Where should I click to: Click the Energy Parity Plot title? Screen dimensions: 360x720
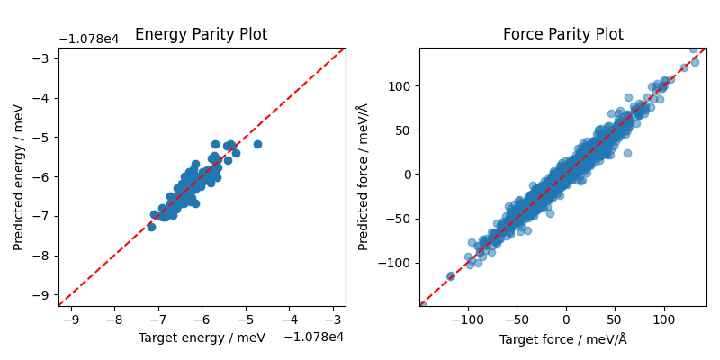[x=201, y=35]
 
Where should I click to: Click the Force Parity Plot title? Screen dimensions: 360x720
[x=562, y=35]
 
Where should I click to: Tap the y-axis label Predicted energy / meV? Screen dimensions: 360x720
[x=18, y=177]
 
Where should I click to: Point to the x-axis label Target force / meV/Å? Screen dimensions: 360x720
[x=562, y=339]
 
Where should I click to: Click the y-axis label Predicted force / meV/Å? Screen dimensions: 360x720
[x=363, y=177]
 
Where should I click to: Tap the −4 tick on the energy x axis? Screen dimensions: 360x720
[x=289, y=319]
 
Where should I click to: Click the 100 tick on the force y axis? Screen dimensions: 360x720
[x=396, y=86]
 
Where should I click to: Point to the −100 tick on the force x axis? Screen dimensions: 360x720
[x=467, y=319]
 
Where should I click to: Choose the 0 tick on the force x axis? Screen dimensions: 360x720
[x=565, y=319]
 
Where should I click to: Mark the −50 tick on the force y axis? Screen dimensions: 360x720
[x=393, y=219]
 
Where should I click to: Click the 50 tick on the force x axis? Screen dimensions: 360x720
[x=615, y=319]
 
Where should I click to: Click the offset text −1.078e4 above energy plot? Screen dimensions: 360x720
[x=94, y=39]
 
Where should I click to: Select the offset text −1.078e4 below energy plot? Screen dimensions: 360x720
[x=314, y=337]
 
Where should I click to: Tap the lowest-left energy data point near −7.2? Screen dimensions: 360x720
[x=151, y=227]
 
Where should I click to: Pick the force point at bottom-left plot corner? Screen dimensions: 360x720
[x=421, y=305]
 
